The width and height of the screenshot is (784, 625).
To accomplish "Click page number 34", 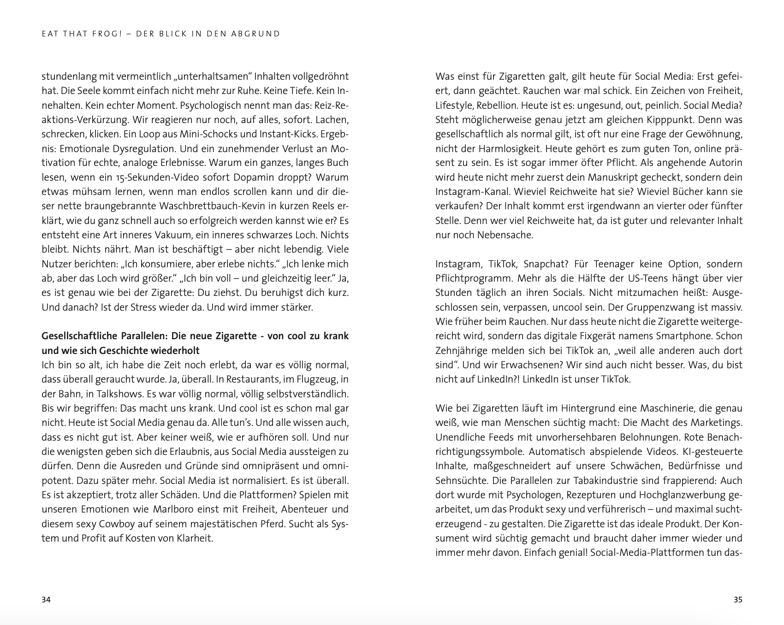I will click(x=46, y=600).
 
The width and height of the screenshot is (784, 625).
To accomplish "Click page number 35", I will click(x=738, y=600).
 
